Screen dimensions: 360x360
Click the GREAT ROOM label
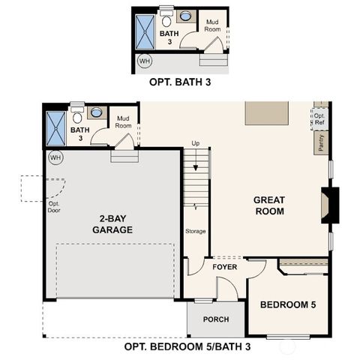tap(268, 205)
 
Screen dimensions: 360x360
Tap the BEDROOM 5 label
tap(288, 304)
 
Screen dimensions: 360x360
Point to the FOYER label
tap(225, 267)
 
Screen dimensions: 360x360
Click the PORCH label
tap(216, 319)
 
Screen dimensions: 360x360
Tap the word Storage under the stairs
tap(196, 231)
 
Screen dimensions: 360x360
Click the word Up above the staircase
tap(196, 143)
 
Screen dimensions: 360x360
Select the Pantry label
tap(322, 142)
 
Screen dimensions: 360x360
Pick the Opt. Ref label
tap(319, 119)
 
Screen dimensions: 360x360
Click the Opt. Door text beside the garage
tap(55, 207)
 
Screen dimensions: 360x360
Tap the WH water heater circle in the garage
tap(55, 157)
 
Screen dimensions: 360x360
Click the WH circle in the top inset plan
tap(144, 61)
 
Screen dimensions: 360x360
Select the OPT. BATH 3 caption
tap(180, 83)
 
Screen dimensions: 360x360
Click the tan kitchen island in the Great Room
tap(267, 113)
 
